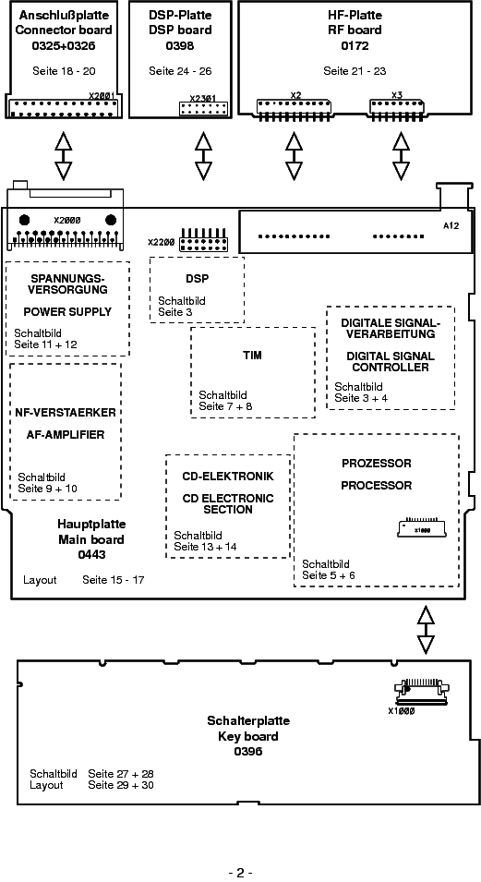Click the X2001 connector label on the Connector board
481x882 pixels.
(x=102, y=96)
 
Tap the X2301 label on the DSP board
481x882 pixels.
(x=202, y=99)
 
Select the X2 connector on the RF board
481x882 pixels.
(x=294, y=109)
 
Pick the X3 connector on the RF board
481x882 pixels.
(x=397, y=109)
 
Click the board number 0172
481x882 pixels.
(x=355, y=46)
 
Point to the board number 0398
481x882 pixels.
(x=180, y=46)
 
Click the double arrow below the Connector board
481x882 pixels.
(x=63, y=156)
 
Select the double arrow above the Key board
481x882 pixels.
(x=426, y=630)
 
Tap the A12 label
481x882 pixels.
(x=451, y=225)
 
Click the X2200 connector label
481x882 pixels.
(x=162, y=243)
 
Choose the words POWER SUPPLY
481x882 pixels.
(x=67, y=311)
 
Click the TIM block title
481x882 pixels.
(x=253, y=356)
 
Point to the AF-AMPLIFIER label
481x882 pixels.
(x=66, y=435)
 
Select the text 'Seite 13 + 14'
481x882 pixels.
(x=205, y=547)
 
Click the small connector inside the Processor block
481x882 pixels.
(x=421, y=528)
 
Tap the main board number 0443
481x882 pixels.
(x=91, y=555)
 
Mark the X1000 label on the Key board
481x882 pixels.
(x=402, y=711)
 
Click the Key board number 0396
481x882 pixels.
(x=248, y=752)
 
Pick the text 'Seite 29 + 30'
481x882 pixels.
(x=121, y=785)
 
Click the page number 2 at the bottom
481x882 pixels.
(x=240, y=873)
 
